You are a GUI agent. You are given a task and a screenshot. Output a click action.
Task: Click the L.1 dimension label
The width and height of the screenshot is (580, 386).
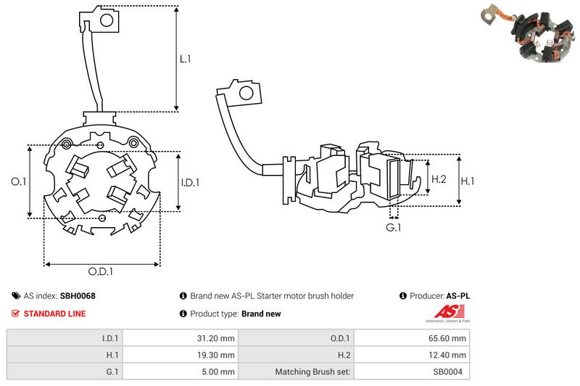click(185, 59)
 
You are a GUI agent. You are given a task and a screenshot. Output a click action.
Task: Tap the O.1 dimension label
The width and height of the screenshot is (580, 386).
click(19, 182)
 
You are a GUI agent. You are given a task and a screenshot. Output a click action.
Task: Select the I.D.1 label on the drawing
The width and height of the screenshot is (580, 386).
click(189, 182)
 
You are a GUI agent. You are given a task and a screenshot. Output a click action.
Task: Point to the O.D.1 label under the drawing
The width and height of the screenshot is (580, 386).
click(101, 271)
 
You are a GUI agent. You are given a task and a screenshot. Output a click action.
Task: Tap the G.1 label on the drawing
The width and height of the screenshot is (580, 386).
click(393, 229)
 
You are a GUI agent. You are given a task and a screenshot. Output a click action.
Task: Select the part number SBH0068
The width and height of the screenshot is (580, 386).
click(78, 296)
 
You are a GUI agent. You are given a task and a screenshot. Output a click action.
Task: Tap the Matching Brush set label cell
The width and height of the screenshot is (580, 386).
click(313, 372)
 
